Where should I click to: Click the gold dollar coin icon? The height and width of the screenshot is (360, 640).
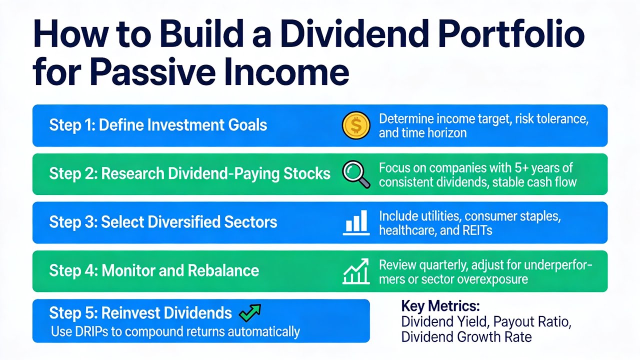356,125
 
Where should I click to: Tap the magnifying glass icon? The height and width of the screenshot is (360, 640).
356,174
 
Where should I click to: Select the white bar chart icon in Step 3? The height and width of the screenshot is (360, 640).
356,222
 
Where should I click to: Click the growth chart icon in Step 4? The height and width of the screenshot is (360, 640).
356,271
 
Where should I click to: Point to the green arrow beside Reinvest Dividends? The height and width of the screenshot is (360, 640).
250,312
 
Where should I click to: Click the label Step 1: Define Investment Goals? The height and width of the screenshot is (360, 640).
158,125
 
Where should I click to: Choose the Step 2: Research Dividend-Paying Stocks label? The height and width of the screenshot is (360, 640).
189,173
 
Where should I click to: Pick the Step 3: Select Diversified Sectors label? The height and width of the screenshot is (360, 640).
163,222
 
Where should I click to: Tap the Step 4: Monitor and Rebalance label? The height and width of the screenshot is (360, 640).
154,271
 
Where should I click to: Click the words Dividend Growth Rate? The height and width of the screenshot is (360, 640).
466,337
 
